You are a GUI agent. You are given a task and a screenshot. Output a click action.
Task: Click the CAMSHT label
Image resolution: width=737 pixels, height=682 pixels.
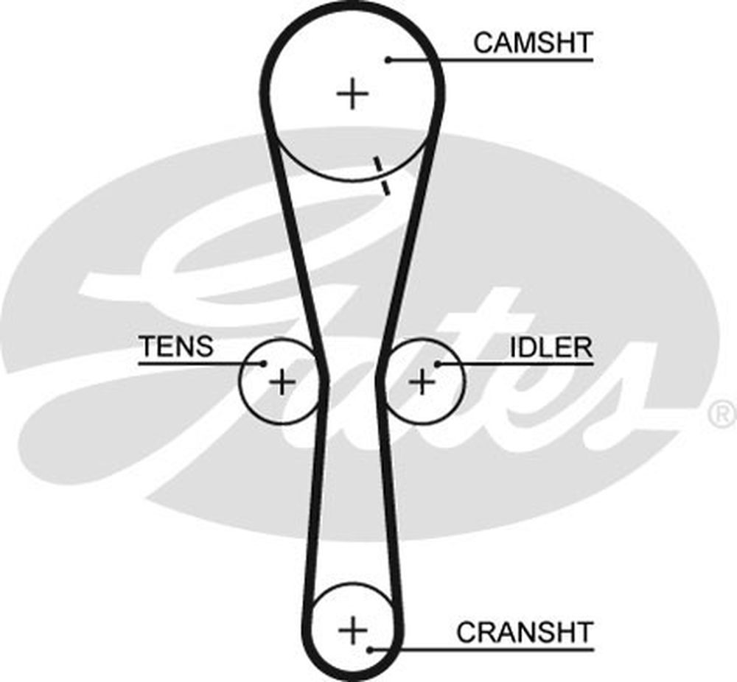click(532, 42)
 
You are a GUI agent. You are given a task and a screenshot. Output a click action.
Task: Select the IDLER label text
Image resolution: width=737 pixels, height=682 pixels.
click(551, 347)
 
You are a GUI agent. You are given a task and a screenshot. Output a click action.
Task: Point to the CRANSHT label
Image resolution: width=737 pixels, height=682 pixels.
click(524, 631)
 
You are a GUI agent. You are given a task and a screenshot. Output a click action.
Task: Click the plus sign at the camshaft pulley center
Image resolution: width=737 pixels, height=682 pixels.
click(352, 94)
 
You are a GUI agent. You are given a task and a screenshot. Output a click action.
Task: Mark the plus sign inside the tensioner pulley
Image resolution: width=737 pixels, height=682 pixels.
click(282, 382)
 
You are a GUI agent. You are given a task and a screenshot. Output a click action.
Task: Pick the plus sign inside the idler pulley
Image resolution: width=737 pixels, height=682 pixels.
click(422, 382)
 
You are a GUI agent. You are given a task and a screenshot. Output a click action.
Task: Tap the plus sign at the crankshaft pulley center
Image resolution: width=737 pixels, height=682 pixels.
click(352, 630)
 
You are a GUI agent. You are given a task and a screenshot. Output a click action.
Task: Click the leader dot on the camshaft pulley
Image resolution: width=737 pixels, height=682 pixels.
click(388, 60)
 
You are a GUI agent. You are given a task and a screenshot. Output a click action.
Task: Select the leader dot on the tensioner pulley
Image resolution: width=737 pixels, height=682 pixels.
click(264, 362)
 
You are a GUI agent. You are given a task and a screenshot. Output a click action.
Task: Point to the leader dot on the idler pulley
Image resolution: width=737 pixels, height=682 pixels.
click(438, 362)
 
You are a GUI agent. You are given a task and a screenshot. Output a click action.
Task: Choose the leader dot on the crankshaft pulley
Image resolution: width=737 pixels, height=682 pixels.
click(371, 649)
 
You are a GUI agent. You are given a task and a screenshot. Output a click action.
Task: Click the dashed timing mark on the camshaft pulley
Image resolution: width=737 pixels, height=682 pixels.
click(380, 175)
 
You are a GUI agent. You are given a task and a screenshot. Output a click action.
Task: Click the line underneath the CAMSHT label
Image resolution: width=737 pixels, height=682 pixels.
click(501, 60)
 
